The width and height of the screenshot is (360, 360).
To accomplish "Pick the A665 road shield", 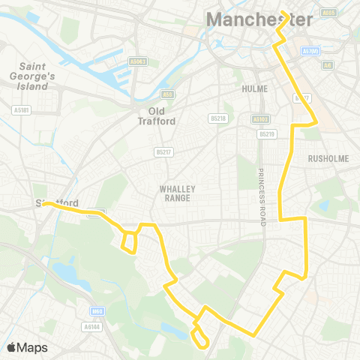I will (x=328, y=13).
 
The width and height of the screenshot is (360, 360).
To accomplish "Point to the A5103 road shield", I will (x=260, y=118).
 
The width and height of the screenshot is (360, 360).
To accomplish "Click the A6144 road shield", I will (x=91, y=326).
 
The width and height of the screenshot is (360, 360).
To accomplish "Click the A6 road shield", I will (x=326, y=65).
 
